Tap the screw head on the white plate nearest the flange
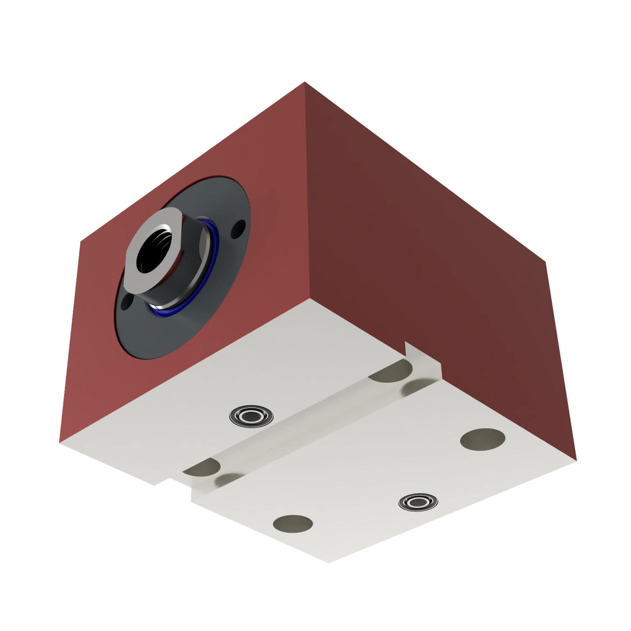[251, 416]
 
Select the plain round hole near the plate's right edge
[483, 439]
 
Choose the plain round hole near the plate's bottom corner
[293, 523]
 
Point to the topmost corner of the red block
[304, 83]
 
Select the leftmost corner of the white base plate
[60, 443]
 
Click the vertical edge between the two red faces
[307, 189]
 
